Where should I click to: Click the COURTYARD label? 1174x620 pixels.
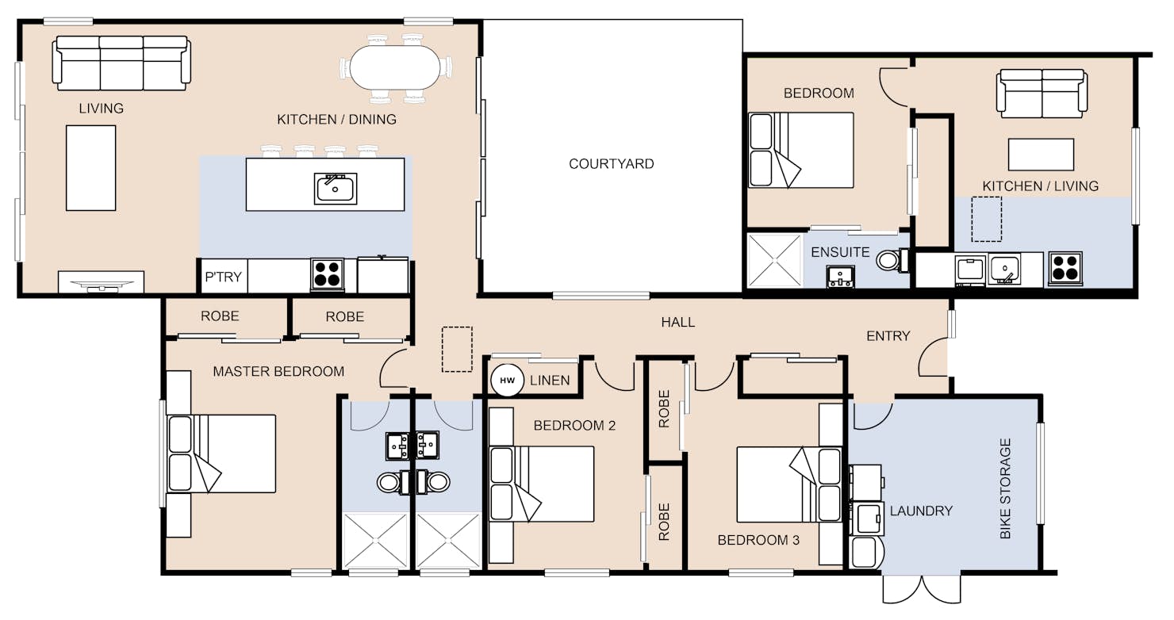[x=611, y=164]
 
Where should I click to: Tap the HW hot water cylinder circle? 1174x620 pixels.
[x=507, y=381]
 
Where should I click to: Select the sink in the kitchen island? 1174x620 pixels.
[x=336, y=189]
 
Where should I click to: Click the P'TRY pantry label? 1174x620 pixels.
[x=223, y=277]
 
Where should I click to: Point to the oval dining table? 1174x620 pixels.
[x=396, y=67]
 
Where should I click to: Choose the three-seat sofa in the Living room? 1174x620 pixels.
[x=121, y=63]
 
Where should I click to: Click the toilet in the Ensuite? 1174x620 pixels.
[x=893, y=260]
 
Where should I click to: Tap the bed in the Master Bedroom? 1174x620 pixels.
[x=221, y=454]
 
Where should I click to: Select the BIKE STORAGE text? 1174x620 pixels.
[x=1005, y=488]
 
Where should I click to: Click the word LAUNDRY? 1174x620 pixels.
[x=921, y=511]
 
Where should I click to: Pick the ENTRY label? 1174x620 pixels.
[x=888, y=335]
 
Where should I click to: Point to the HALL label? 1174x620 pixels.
[x=677, y=322]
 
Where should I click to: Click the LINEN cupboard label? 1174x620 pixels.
[x=549, y=381]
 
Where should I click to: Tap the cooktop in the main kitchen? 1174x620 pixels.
[x=327, y=274]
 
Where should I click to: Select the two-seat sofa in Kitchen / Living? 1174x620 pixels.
[x=1042, y=94]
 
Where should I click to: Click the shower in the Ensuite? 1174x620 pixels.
[x=775, y=260]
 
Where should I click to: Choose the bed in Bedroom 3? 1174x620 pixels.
[x=788, y=484]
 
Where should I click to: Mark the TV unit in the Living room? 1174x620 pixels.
[x=101, y=281]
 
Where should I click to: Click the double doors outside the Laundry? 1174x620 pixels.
[x=922, y=589]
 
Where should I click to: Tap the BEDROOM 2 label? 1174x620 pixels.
[x=574, y=425]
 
